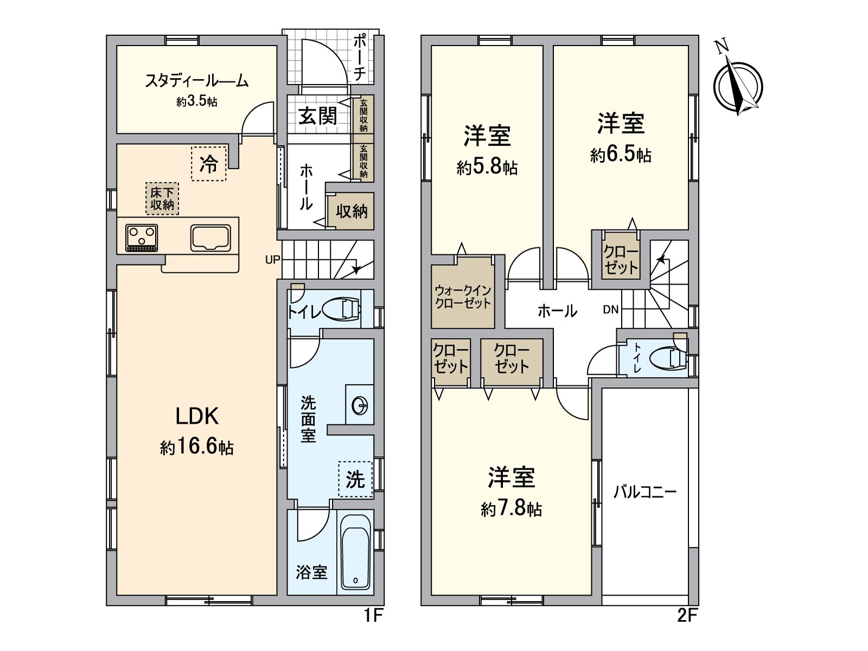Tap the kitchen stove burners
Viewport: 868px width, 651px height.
142,238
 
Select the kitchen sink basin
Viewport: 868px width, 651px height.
210,238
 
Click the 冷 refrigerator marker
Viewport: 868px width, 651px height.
209,164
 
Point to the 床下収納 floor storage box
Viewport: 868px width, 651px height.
162,199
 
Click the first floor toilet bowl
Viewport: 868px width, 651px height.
342,309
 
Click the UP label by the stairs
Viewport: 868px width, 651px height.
273,260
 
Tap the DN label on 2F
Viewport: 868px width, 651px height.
610,310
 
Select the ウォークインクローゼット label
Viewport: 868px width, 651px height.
463,297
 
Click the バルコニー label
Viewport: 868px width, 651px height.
645,493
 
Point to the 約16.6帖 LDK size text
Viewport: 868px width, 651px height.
197,447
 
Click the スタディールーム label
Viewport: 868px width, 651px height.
196,81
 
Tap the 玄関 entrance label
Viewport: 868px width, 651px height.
317,116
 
